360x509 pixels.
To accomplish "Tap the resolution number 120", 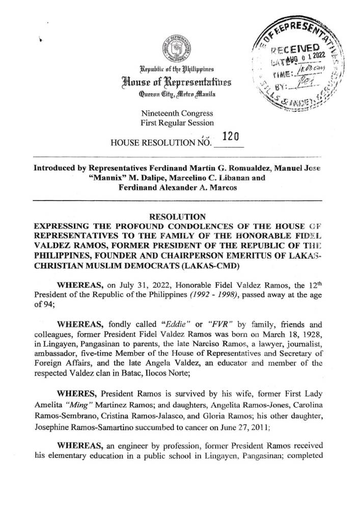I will pos(232,135).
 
